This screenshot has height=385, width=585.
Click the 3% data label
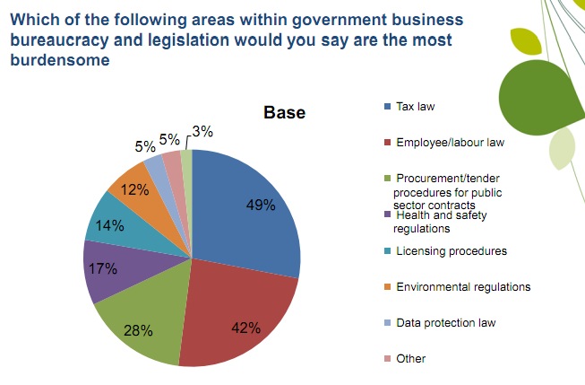[x=202, y=131]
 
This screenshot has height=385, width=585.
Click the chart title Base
[x=284, y=113]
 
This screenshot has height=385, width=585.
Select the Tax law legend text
[x=415, y=107]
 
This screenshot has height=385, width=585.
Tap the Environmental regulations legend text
[x=462, y=286]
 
